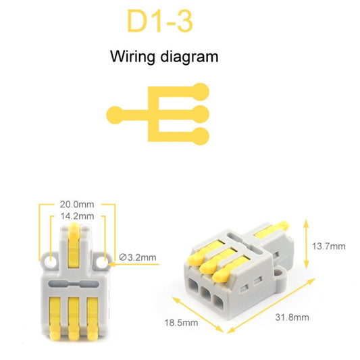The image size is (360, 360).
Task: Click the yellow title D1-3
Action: [159, 22]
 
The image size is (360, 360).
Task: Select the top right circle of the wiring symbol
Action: [200, 88]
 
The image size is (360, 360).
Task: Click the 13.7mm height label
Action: [329, 246]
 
